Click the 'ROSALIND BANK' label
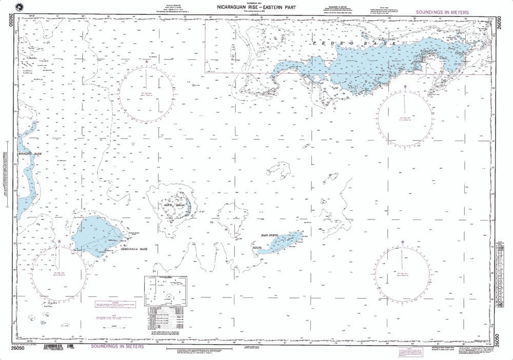coord(29,154)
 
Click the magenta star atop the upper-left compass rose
coord(147,62)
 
